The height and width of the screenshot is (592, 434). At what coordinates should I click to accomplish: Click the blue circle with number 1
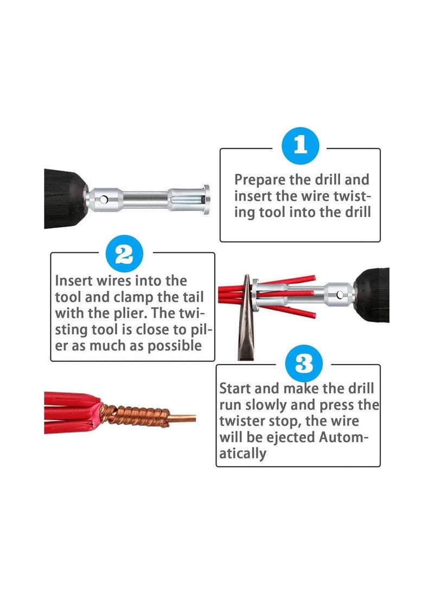pyautogui.click(x=301, y=145)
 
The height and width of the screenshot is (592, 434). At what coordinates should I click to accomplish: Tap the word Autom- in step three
pyautogui.click(x=345, y=437)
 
